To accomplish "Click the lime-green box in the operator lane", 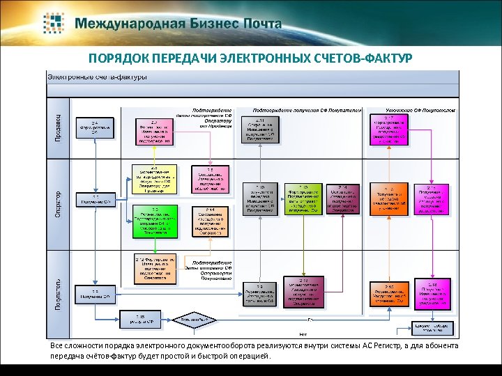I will (x=303, y=198).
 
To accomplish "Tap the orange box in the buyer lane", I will (x=155, y=267).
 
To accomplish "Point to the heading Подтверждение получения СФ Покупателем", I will (x=307, y=110).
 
